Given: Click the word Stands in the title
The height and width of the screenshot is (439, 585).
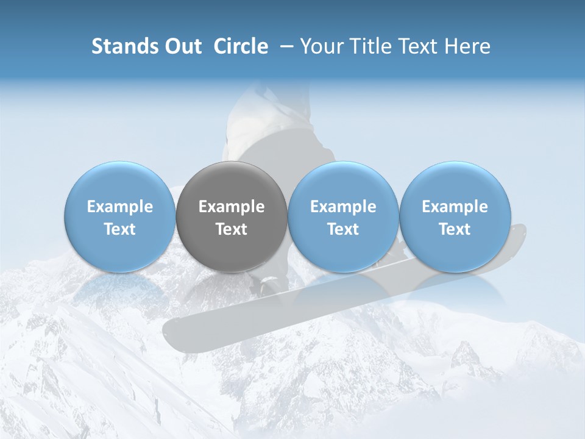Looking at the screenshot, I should [119, 46].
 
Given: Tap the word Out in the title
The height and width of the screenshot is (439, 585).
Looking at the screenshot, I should [182, 46].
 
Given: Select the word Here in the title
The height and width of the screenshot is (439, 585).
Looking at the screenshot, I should [467, 46].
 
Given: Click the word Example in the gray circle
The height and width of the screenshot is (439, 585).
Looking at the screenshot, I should [232, 207].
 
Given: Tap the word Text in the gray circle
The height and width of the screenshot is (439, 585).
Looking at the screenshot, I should [232, 229].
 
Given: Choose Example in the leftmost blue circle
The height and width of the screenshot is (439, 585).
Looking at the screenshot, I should [120, 207].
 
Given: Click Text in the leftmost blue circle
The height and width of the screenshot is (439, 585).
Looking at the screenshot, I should [120, 229].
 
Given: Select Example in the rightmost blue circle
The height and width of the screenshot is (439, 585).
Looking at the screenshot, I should [455, 207].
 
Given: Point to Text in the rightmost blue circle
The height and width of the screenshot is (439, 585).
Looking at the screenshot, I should [455, 229].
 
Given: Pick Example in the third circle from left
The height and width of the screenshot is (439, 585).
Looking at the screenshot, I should [343, 207].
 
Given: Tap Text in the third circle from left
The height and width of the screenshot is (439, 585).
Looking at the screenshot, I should [343, 229].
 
